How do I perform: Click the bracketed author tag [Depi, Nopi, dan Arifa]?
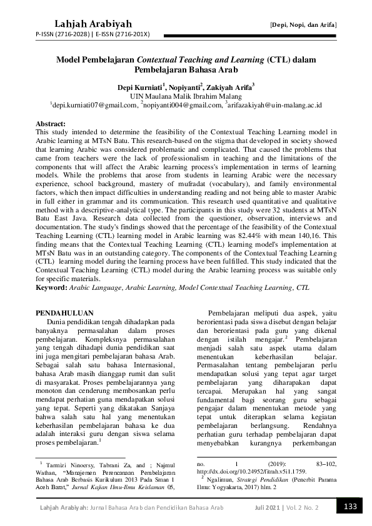[303, 24]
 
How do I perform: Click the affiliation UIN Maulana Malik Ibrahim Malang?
[186, 97]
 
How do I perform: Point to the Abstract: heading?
[51, 124]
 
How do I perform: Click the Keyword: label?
[53, 290]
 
